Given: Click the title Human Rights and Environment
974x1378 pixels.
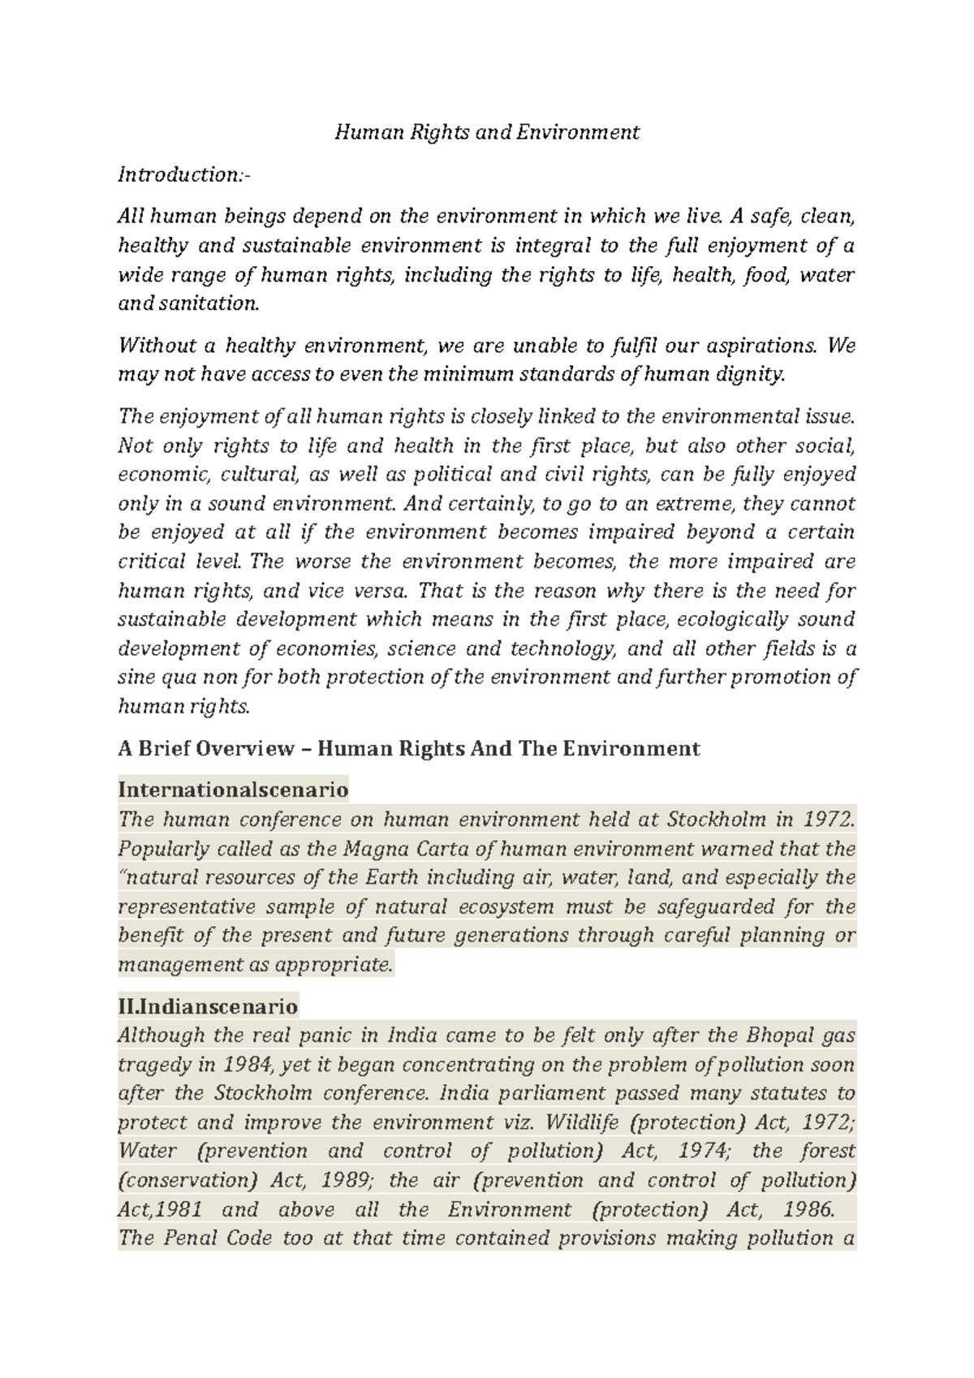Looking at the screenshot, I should pyautogui.click(x=487, y=132).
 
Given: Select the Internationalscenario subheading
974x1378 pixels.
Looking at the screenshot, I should pyautogui.click(x=233, y=790).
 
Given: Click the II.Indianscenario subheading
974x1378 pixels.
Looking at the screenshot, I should pyautogui.click(x=208, y=1007).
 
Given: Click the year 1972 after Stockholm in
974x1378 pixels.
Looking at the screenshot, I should pyautogui.click(x=830, y=820).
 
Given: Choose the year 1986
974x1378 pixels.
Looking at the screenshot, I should pyautogui.click(x=809, y=1210).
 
